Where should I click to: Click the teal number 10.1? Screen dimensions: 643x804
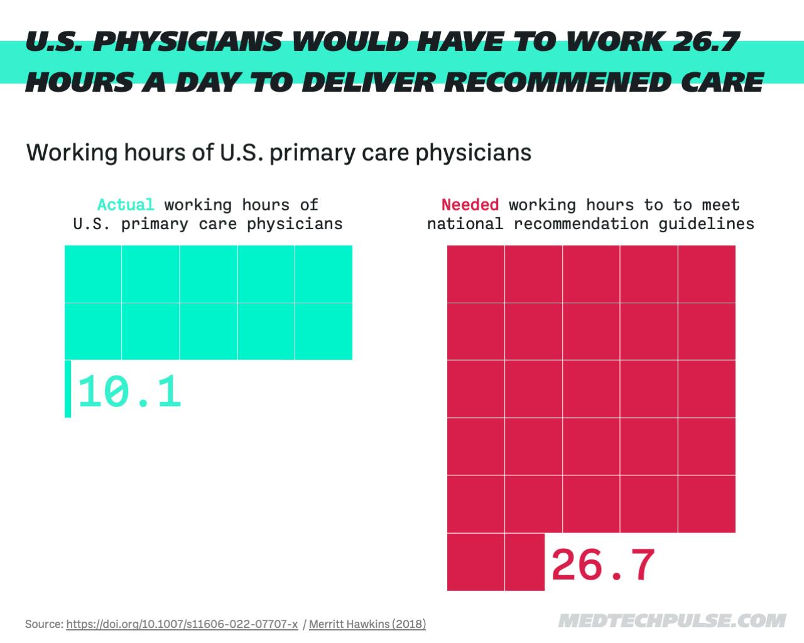(x=130, y=391)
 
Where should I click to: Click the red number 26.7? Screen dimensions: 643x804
(x=603, y=565)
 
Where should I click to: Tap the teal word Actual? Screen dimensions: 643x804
(x=126, y=205)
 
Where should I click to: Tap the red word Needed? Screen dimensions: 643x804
(x=470, y=205)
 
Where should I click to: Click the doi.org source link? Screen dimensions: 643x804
(x=182, y=624)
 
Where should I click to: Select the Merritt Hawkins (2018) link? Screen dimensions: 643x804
(x=367, y=624)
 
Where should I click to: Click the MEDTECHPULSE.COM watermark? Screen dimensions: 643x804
(x=671, y=620)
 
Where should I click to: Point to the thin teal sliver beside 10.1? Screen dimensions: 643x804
(x=68, y=389)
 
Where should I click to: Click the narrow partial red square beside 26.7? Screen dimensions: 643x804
(x=524, y=562)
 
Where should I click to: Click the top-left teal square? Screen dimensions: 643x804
(x=93, y=274)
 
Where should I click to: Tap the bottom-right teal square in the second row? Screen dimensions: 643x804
(x=323, y=331)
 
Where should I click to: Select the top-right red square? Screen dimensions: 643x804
(x=707, y=274)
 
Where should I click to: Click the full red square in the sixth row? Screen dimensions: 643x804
(x=475, y=562)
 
